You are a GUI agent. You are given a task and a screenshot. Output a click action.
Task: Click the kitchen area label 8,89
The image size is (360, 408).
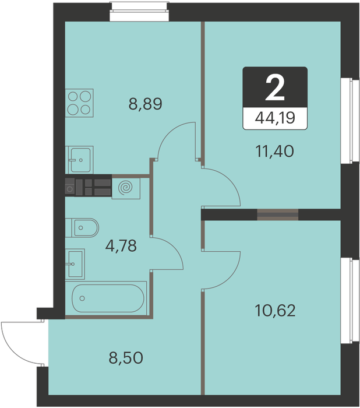(x=146, y=104)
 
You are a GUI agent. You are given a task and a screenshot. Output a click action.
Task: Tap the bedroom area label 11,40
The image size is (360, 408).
(x=275, y=152)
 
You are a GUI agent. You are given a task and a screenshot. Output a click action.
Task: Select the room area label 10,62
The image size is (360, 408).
(x=275, y=311)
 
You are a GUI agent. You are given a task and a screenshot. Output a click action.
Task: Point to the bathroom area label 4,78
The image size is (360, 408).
(x=121, y=246)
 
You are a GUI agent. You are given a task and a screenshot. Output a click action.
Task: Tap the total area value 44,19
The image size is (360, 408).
(x=275, y=118)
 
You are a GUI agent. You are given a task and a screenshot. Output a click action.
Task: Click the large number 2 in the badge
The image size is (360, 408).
(x=275, y=89)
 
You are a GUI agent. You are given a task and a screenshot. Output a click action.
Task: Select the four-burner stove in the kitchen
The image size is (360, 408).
(x=79, y=103)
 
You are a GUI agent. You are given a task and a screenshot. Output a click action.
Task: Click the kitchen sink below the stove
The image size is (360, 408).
(x=79, y=160)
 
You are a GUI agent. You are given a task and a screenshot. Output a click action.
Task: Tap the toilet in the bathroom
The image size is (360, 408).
(x=82, y=228)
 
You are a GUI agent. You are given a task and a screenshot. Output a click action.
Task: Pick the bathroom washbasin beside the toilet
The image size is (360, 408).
(x=75, y=264)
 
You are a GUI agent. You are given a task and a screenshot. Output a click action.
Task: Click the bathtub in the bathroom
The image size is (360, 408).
(x=106, y=298)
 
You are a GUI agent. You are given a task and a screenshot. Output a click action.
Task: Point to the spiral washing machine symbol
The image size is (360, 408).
(x=126, y=187)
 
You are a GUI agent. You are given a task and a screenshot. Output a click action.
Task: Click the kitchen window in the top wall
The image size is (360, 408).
(x=139, y=12)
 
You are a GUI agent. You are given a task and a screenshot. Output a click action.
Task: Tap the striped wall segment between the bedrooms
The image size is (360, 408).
(x=278, y=214)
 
